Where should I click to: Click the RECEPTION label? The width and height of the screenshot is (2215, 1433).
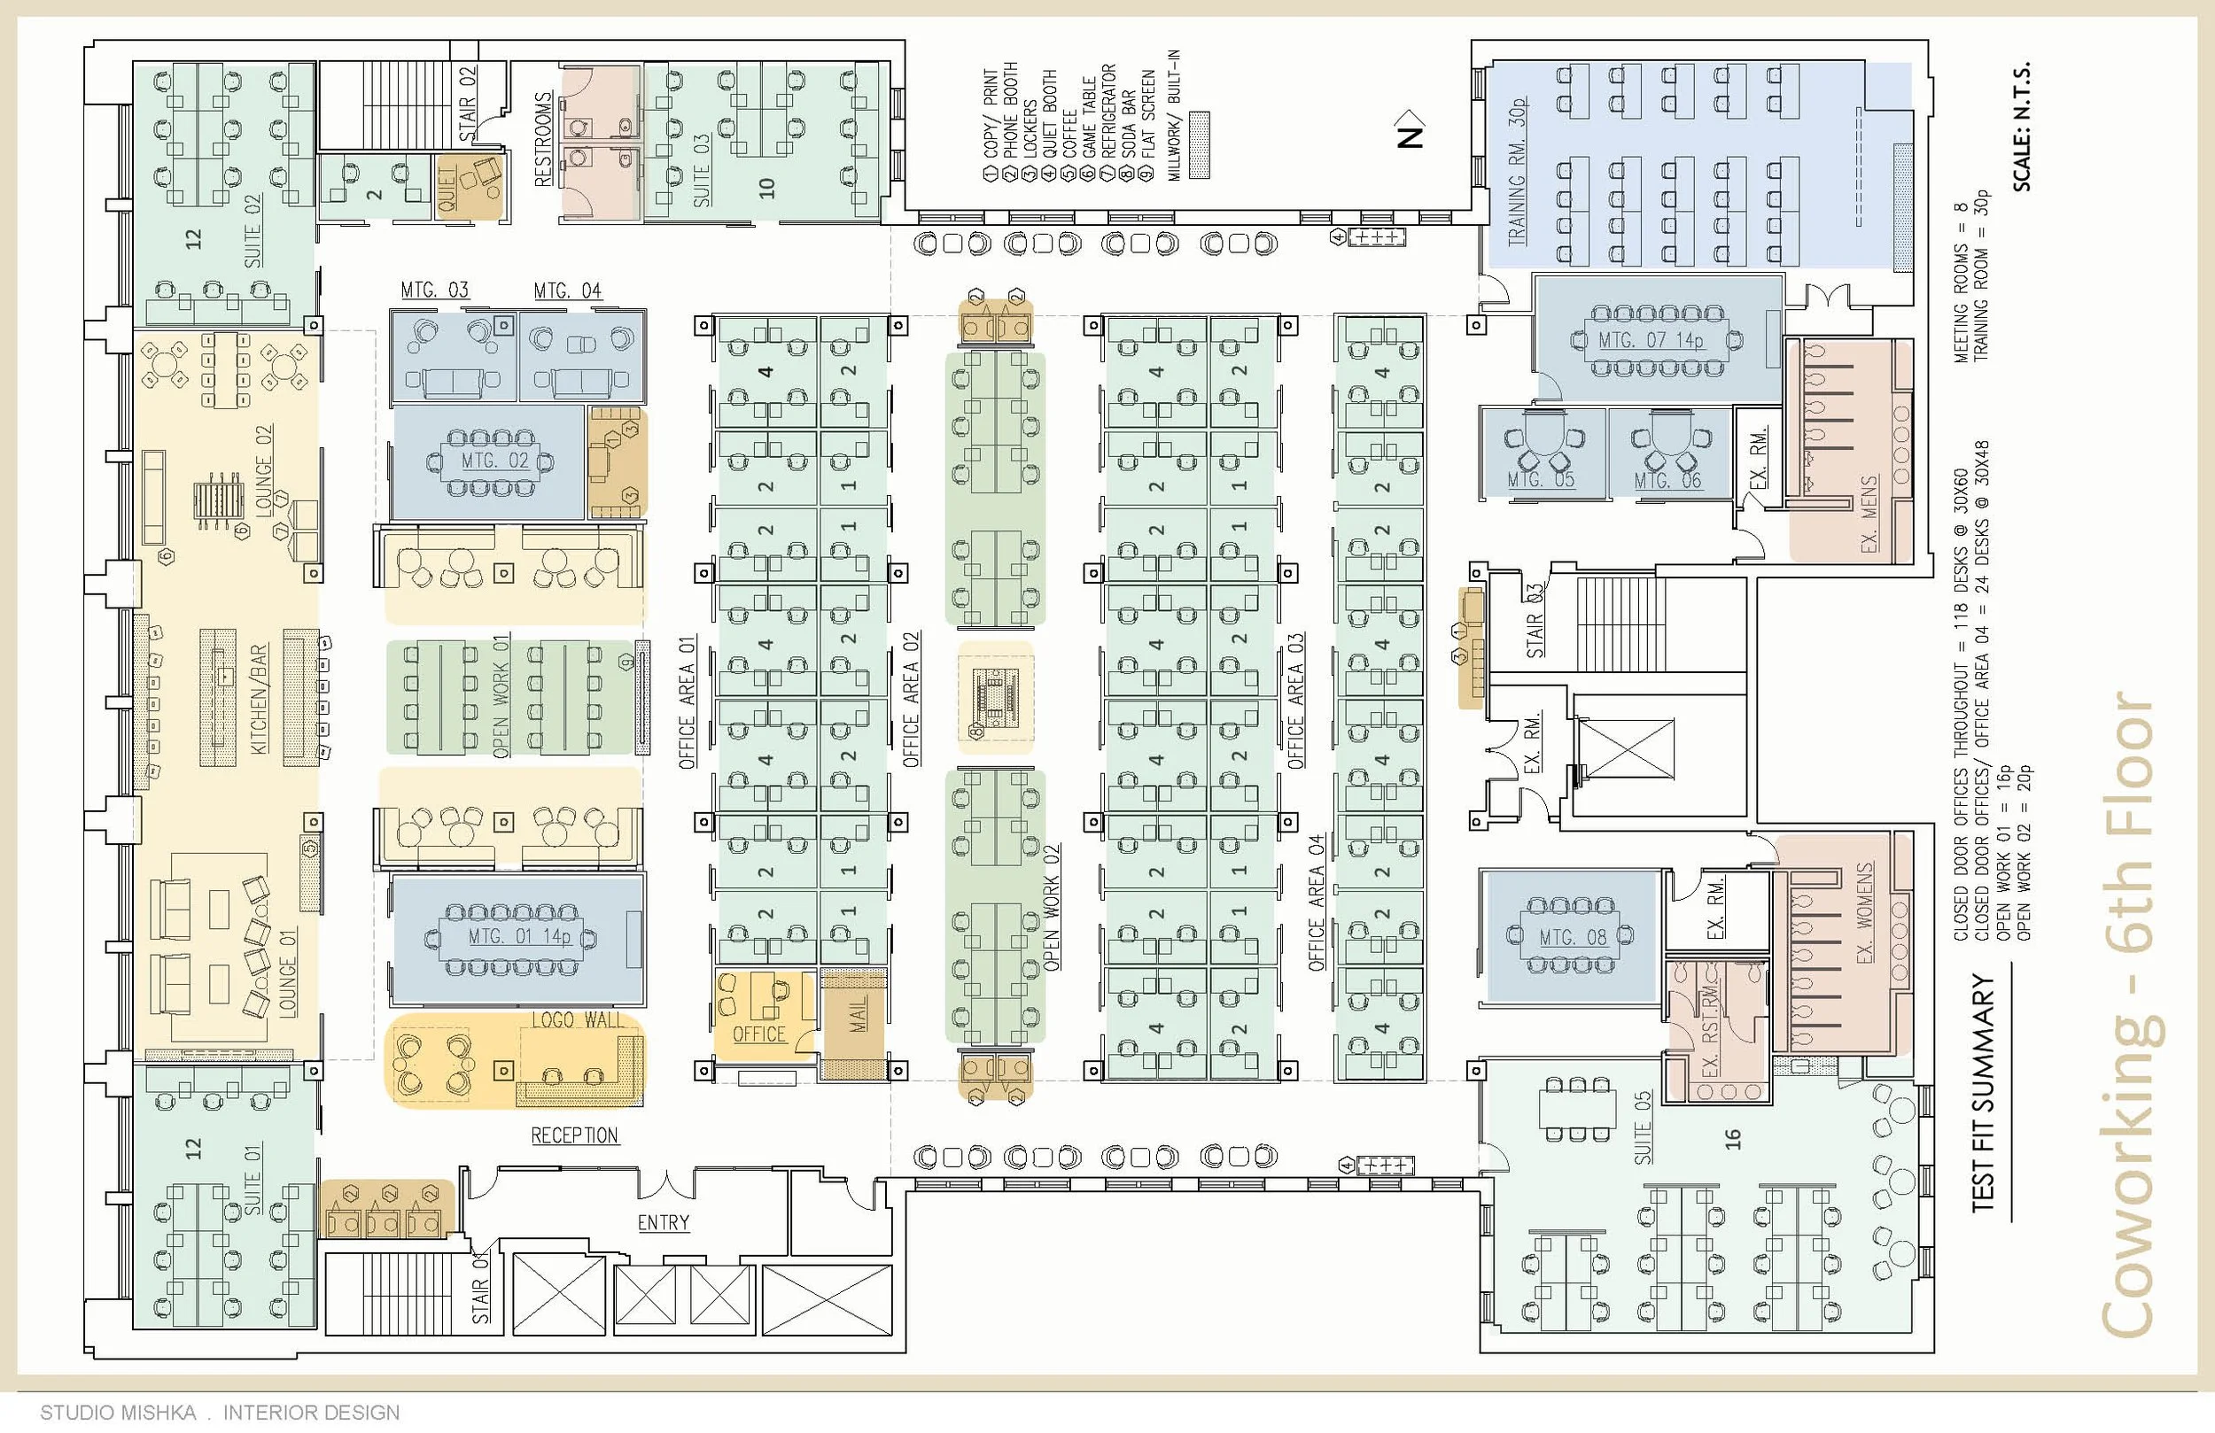(x=574, y=1135)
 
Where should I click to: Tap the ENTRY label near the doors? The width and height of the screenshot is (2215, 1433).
(x=663, y=1223)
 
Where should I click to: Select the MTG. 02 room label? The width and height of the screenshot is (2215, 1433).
(x=494, y=461)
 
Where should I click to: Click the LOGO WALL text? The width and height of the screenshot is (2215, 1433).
(x=577, y=1020)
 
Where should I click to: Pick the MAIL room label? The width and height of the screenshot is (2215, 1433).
(x=858, y=1013)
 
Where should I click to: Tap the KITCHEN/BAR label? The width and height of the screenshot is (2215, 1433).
(x=259, y=699)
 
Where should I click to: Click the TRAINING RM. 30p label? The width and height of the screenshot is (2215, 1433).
(x=1517, y=171)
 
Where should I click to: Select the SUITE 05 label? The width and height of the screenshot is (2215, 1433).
(x=1643, y=1127)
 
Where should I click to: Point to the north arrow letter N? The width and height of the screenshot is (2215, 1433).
(x=1411, y=136)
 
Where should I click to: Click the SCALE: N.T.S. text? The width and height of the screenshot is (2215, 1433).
(x=2022, y=128)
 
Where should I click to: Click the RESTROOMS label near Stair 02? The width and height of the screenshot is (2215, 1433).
(x=543, y=140)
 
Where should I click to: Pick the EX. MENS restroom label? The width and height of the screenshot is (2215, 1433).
(x=1869, y=514)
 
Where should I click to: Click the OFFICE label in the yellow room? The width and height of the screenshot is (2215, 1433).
(x=758, y=1034)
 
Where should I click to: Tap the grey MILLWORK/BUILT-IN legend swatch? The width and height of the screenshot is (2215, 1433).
(x=1200, y=145)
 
